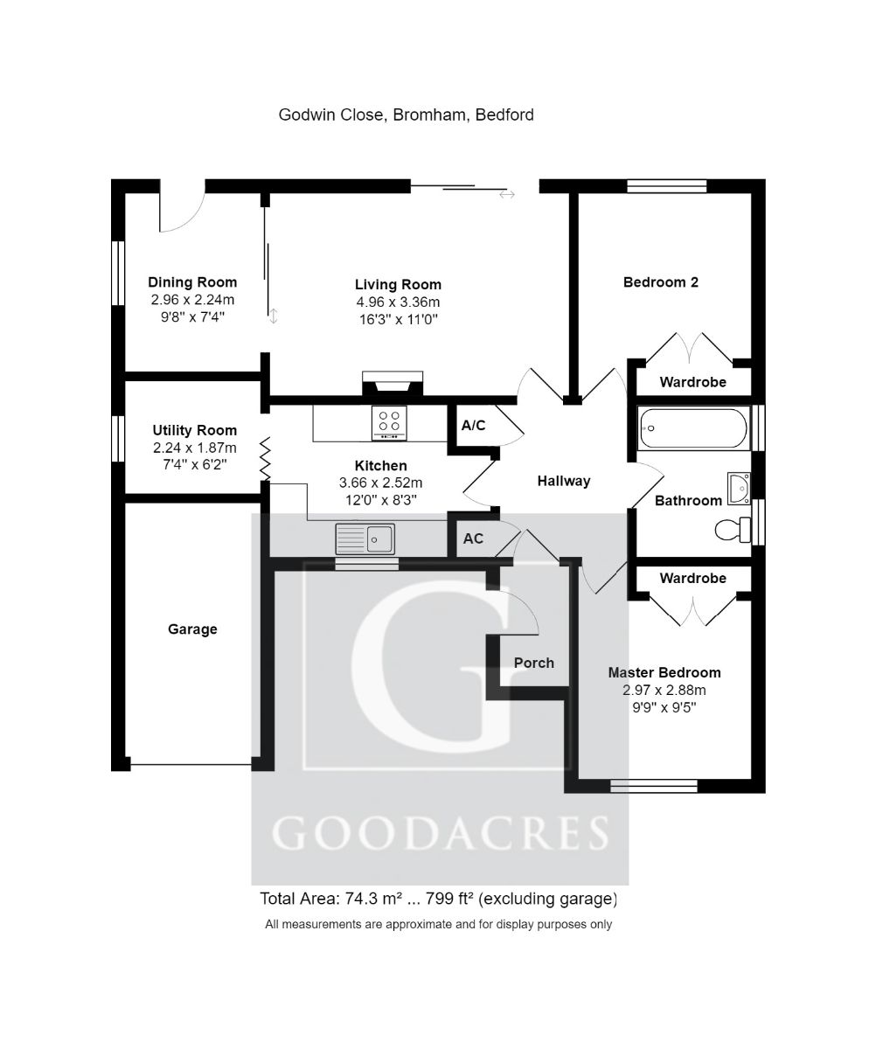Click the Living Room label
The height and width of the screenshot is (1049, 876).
coord(398,285)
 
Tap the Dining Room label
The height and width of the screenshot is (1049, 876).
coord(192,282)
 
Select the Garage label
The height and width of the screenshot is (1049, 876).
coord(192,629)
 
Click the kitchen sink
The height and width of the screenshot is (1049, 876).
coord(365,538)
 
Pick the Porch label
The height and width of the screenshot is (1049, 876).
coord(533,663)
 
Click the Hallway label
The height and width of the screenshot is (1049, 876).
coord(564,481)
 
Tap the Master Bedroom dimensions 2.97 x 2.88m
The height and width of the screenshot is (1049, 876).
coord(664,690)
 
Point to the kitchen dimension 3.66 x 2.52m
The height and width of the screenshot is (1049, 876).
coord(381,483)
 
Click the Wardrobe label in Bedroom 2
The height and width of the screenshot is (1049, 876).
coord(692,382)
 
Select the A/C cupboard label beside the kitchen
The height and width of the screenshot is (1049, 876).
coord(473,426)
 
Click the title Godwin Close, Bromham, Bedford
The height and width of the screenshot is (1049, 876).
coord(406,115)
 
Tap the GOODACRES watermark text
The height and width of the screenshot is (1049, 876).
coord(440,833)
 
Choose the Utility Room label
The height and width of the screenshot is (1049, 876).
coord(194,430)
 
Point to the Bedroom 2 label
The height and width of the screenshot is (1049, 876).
coord(660,282)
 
